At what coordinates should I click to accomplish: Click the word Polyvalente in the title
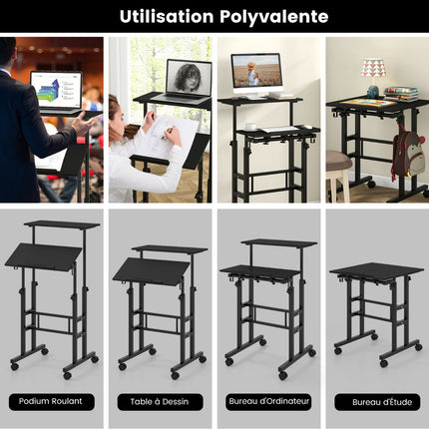pos(274,17)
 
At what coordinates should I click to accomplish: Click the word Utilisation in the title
pos(167,16)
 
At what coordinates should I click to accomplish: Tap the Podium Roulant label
pos(51,401)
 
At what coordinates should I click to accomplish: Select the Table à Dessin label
pos(160,402)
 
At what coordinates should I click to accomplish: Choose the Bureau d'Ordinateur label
pos(268,401)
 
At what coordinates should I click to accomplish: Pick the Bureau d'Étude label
pos(382,402)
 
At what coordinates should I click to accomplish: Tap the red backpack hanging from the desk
pos(409,154)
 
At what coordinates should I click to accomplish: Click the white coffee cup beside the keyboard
pos(250,127)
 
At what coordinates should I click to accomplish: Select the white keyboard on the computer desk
pos(279,129)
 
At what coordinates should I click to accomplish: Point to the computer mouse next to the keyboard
pos(308,127)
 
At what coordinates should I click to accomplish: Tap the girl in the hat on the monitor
pos(252,74)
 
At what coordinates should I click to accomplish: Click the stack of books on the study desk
pos(401,93)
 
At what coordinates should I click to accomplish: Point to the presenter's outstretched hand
pos(84,124)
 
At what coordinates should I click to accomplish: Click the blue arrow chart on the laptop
pos(49,90)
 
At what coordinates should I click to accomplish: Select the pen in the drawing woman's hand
pos(168,132)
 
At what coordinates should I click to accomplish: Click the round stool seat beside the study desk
pos(338,161)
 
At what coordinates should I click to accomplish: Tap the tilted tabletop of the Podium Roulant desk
pos(44,256)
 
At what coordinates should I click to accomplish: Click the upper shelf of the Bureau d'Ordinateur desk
pos(279,243)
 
